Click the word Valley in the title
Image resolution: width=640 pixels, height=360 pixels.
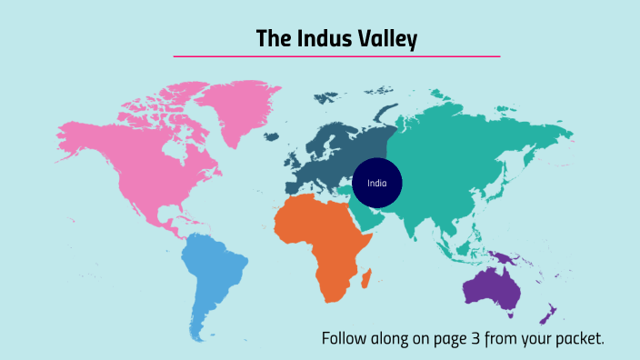pyautogui.click(x=385, y=38)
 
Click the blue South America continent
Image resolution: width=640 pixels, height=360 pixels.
pyautogui.click(x=214, y=273)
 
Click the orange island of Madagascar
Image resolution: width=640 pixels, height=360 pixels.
pyautogui.click(x=365, y=277)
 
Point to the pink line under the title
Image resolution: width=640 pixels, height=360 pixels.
pyautogui.click(x=336, y=56)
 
